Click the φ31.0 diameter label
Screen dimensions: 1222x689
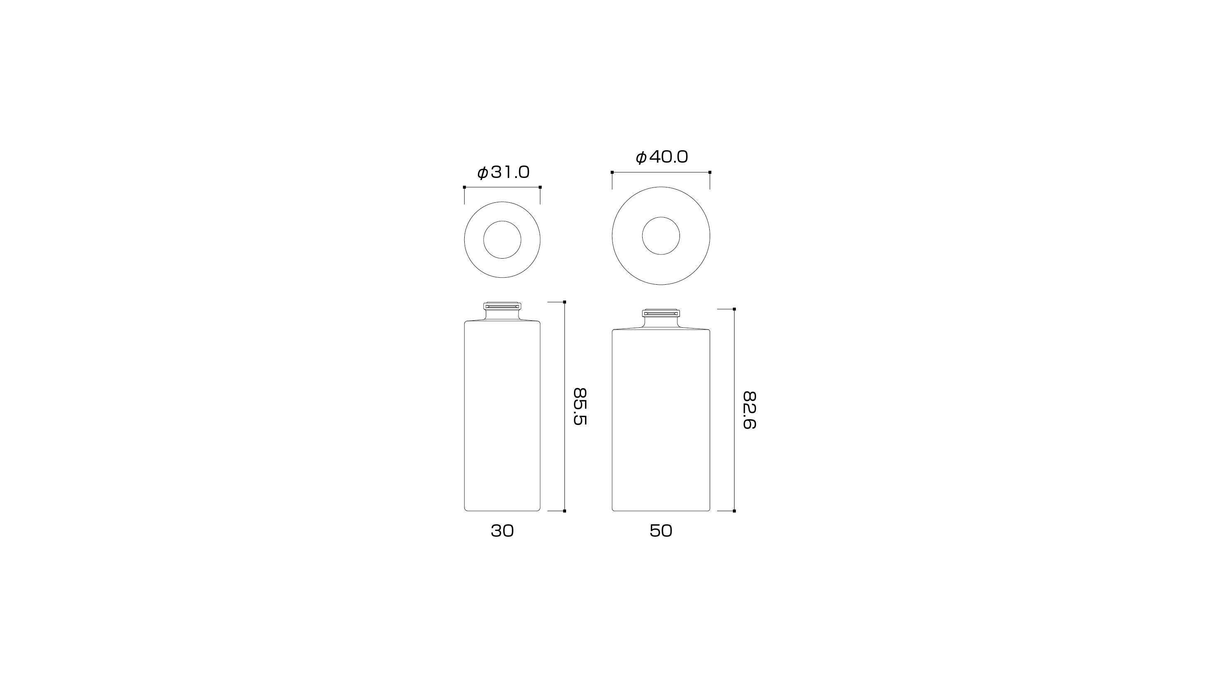503,172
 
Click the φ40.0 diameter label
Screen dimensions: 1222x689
661,157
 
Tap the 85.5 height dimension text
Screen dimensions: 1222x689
580,407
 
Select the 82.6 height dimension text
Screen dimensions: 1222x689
749,411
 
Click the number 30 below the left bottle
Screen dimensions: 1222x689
502,531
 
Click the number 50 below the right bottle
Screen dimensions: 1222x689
661,531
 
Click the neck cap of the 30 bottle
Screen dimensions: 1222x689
502,307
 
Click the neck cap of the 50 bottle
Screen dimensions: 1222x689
661,313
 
